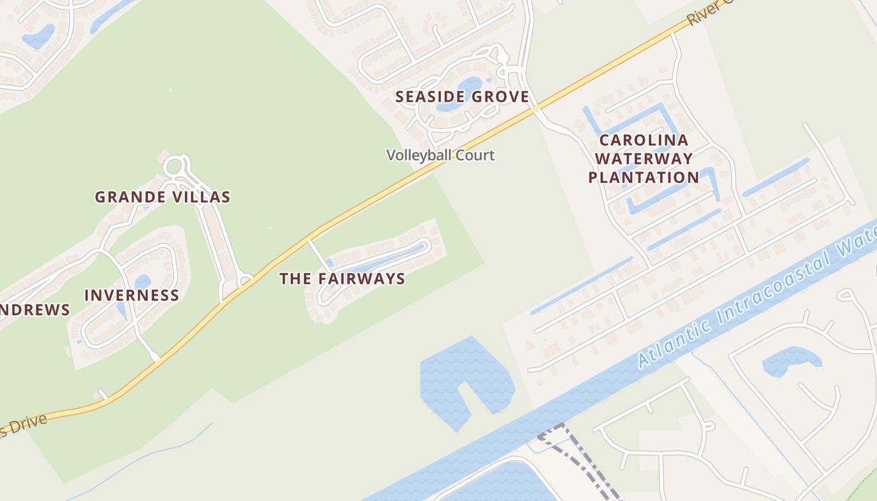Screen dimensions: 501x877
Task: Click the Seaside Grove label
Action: tap(462, 97)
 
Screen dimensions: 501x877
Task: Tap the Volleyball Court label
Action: tap(440, 155)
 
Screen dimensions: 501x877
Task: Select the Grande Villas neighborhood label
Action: tap(162, 197)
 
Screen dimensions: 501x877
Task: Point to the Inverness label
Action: tap(132, 295)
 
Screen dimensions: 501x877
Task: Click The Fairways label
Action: tap(342, 279)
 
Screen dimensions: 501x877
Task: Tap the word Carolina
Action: tap(643, 140)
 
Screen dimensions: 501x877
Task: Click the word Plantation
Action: tap(643, 177)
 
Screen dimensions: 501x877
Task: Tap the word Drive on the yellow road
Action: tap(25, 426)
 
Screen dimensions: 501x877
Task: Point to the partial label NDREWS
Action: tap(34, 310)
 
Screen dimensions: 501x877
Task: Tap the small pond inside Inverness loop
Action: tap(142, 282)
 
